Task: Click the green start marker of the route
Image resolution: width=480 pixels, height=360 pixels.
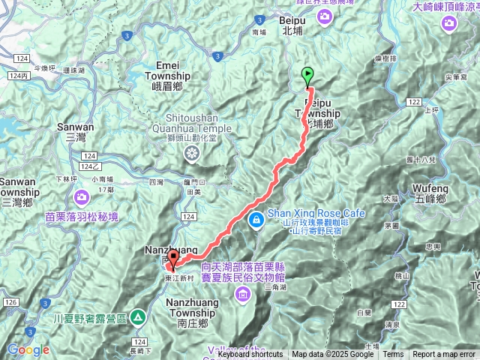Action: tap(308, 75)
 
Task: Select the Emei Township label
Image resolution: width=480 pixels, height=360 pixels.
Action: tap(167, 70)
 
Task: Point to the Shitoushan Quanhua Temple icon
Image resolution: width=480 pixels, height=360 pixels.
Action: tap(193, 154)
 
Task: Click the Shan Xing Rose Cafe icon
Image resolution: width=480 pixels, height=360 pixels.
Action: tap(256, 219)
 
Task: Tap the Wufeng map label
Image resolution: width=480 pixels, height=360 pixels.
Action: tap(430, 193)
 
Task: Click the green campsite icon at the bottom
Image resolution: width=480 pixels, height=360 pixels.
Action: tap(137, 317)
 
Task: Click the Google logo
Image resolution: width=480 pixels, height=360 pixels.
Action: tap(28, 349)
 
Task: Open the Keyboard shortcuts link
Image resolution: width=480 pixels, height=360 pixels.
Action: tap(250, 355)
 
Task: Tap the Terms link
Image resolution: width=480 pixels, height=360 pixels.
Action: tap(393, 355)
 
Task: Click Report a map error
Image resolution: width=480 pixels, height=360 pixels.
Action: tap(444, 355)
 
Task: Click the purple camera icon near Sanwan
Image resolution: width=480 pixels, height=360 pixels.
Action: tap(81, 197)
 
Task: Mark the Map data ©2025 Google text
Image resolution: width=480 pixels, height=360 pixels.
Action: tap(332, 355)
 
